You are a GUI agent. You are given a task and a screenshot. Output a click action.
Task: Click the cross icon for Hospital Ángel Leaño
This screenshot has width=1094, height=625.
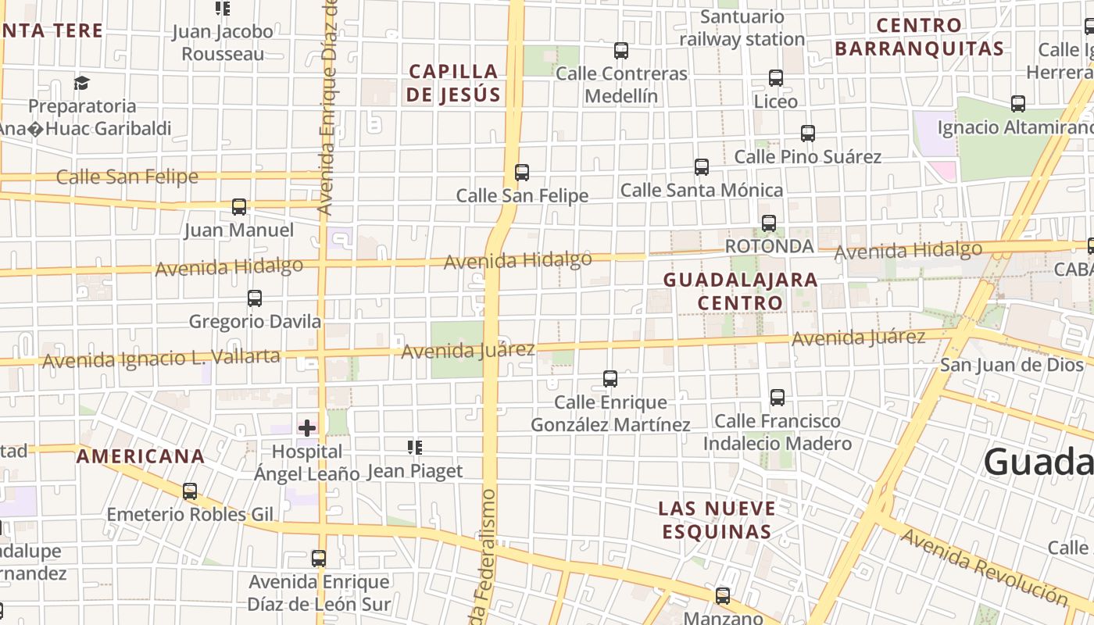(307, 427)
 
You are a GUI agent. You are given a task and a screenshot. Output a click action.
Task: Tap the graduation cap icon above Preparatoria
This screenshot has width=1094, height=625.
(81, 83)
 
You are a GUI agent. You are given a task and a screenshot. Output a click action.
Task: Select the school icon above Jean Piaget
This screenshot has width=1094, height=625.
(415, 448)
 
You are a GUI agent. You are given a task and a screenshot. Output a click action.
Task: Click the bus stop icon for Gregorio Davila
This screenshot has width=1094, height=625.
(255, 298)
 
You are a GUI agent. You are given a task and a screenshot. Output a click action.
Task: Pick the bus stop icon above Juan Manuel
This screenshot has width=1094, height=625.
(239, 207)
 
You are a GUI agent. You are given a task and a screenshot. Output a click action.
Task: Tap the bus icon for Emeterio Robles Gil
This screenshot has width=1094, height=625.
(190, 491)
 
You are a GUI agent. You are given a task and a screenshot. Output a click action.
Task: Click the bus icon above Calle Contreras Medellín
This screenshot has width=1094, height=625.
(621, 51)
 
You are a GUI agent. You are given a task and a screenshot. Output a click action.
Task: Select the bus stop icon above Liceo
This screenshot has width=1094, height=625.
(776, 78)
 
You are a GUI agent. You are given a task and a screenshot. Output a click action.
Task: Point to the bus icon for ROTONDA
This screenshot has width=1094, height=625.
(769, 223)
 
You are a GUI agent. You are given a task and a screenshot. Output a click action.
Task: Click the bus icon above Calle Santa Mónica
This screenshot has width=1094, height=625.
(702, 166)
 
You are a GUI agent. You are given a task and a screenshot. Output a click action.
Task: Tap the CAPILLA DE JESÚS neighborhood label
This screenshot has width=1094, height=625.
(454, 83)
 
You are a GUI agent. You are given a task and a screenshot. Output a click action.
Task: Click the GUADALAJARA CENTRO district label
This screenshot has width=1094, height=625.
(740, 291)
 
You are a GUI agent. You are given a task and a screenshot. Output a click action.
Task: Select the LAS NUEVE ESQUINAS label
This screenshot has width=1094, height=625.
(717, 520)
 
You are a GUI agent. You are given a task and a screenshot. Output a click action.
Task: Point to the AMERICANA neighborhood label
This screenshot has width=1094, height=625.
(141, 456)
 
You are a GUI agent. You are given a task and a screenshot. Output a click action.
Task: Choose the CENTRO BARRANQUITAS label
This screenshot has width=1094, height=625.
(919, 37)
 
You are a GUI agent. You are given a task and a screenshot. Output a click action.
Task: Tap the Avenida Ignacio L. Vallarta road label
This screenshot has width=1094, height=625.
(161, 359)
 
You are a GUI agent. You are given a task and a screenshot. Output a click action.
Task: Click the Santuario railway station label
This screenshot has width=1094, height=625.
(742, 28)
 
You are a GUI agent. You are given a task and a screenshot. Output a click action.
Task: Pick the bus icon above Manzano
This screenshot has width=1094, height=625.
(723, 595)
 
